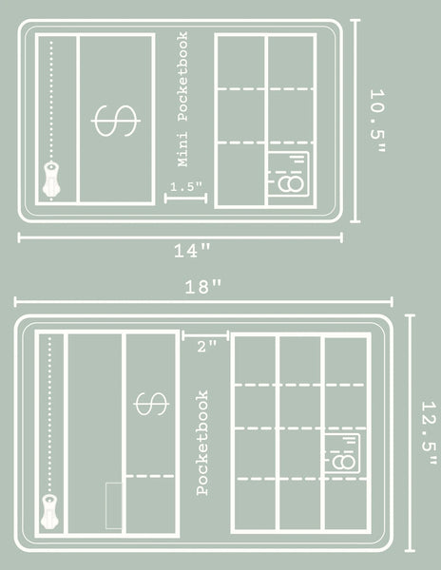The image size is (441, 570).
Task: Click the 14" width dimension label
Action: (192, 251)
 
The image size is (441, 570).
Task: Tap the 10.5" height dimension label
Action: (377, 121)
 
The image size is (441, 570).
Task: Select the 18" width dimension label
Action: (203, 287)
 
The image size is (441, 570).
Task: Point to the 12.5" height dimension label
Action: (429, 433)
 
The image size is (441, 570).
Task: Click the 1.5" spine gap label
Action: (185, 187)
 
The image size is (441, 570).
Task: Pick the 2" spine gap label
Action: (207, 347)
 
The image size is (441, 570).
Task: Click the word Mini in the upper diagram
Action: (182, 149)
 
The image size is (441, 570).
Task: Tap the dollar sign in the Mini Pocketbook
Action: (116, 121)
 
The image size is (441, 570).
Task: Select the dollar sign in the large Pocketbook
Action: (152, 404)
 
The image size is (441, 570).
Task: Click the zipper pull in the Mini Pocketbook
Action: (50, 180)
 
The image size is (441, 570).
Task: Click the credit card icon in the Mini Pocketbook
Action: (288, 174)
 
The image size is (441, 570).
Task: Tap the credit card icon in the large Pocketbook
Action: (341, 453)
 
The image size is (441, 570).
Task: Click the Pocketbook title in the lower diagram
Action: (202, 443)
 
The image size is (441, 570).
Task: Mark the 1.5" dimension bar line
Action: (185, 199)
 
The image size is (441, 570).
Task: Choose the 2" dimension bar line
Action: (206, 335)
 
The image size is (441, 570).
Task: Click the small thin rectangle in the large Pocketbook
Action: (114, 505)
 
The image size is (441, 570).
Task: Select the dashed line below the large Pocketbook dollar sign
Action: (150, 476)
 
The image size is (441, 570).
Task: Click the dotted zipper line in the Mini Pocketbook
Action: (51, 101)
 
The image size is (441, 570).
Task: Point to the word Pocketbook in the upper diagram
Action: (182, 76)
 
